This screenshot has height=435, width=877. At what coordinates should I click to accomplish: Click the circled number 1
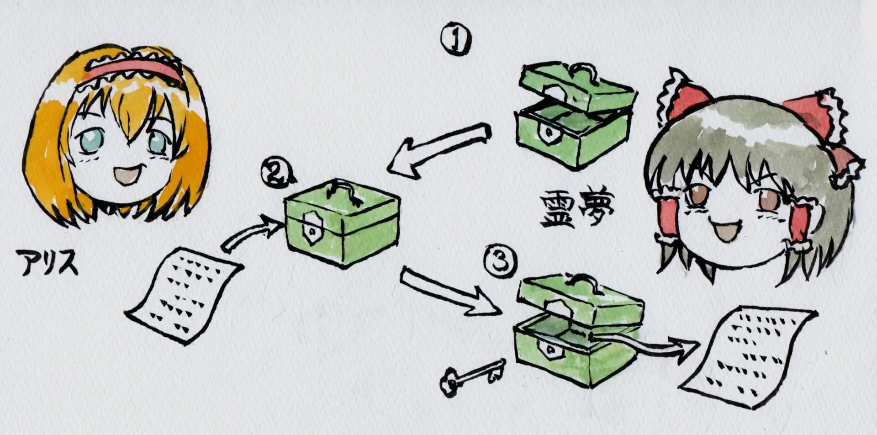click(456, 39)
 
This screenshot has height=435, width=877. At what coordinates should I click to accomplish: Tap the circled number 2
click(276, 172)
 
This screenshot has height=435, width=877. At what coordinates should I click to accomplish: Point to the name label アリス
click(47, 262)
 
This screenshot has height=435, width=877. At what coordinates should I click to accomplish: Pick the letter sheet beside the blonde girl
click(184, 295)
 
